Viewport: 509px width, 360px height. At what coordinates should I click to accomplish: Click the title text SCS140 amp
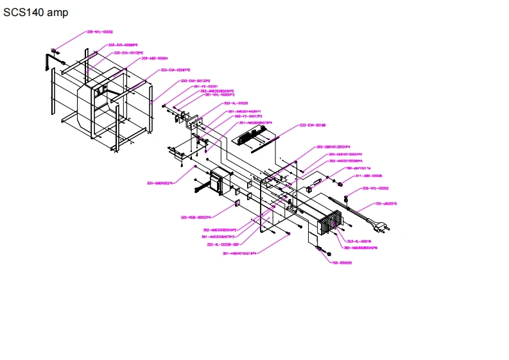(35, 12)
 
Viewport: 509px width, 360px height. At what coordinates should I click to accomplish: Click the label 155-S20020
(343, 262)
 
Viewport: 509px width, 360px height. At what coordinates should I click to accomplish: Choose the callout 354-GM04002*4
(160, 184)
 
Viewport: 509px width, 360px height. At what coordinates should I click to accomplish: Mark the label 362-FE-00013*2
(230, 116)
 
